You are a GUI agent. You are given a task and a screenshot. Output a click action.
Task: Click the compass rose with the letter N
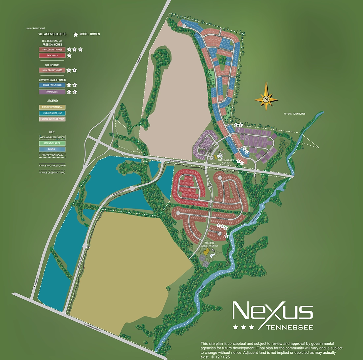pos(266,99)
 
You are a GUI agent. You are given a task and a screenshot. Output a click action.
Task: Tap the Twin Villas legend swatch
pos(52,55)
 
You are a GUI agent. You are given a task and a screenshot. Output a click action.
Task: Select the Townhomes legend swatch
pos(52,92)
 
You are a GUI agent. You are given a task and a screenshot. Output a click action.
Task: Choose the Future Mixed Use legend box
pos(52,113)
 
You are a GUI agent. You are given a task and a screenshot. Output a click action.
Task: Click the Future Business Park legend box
pos(52,119)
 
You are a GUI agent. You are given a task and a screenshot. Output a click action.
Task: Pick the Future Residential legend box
pos(52,107)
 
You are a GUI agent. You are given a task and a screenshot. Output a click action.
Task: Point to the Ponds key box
pos(52,149)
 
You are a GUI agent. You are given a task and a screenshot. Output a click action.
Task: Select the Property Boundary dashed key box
pos(52,155)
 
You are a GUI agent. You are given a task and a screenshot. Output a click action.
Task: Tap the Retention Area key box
pos(52,143)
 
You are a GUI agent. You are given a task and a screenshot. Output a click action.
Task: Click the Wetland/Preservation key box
pos(52,137)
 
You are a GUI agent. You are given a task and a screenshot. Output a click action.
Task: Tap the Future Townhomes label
pos(294,114)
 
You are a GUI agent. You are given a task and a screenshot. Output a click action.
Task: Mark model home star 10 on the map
pos(226,236)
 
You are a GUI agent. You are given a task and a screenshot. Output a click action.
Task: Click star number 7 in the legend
pos(69,55)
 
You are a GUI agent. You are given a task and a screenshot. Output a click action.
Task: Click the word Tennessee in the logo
pos(289,327)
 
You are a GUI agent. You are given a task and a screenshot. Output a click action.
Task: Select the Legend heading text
pos(52,101)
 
